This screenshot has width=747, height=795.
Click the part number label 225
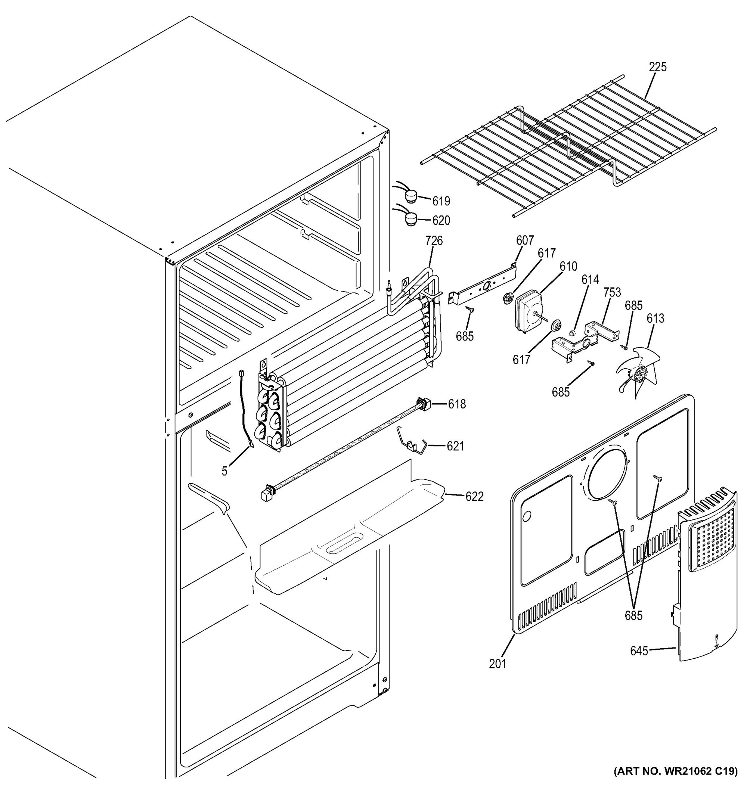(657, 67)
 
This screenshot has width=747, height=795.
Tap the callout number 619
(441, 201)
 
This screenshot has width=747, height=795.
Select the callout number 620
(441, 220)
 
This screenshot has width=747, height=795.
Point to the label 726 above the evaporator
(434, 240)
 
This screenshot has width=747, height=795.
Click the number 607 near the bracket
(525, 240)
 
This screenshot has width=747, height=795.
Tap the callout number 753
(612, 292)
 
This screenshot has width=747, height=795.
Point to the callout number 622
(474, 497)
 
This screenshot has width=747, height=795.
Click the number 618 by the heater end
(457, 404)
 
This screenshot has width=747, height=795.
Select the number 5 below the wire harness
(225, 472)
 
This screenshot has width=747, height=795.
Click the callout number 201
(498, 664)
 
